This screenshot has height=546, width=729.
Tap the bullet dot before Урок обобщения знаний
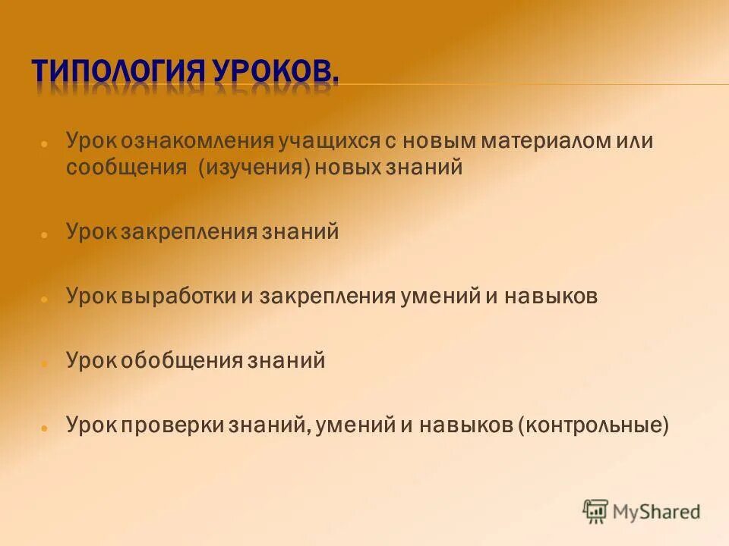pos(45,363)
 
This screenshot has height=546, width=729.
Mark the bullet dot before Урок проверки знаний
pos(45,428)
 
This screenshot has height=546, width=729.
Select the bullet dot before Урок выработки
pos(45,299)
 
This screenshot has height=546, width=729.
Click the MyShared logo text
pos(657,512)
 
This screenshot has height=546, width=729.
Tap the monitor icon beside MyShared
pos(596,511)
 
